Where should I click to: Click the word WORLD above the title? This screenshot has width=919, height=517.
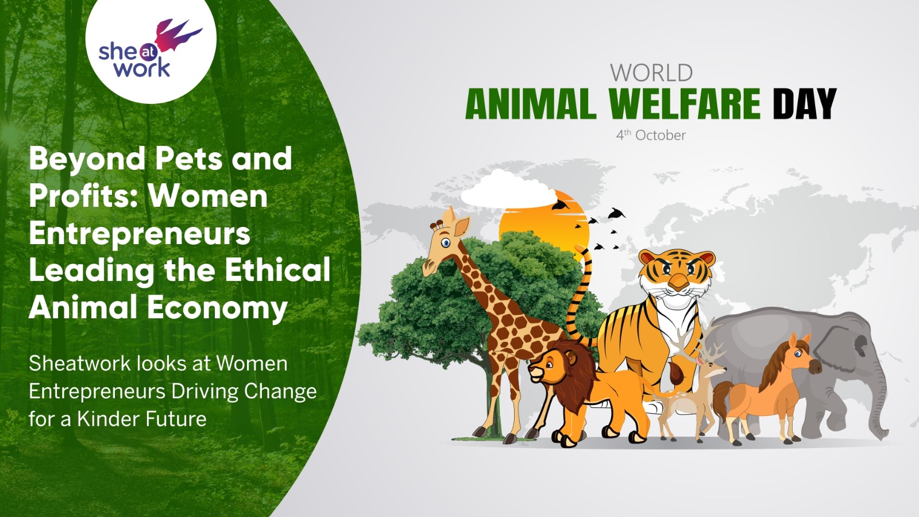pyautogui.click(x=651, y=73)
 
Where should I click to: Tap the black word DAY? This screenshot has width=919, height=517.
pyautogui.click(x=804, y=103)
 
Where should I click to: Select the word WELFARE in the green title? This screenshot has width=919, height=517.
pyautogui.click(x=685, y=103)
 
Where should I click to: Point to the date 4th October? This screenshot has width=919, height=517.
pyautogui.click(x=651, y=135)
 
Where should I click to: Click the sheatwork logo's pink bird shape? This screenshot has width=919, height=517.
pyautogui.click(x=176, y=35)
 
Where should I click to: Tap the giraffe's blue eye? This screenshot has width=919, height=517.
pyautogui.click(x=446, y=244)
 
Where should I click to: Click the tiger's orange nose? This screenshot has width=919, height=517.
pyautogui.click(x=678, y=282)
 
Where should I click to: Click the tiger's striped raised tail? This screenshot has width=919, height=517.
pyautogui.click(x=581, y=295)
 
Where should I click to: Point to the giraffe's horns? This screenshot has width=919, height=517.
pyautogui.click(x=438, y=225)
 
